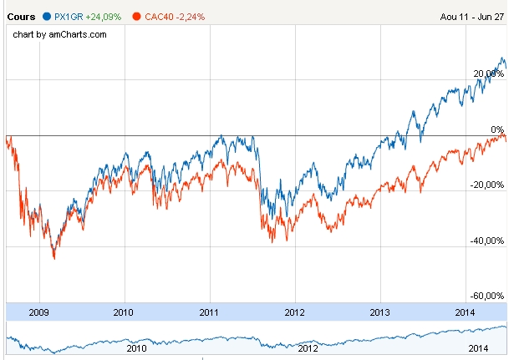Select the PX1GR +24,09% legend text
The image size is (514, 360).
coord(87,16)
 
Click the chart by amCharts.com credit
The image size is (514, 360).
coord(60,34)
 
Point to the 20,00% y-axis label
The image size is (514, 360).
coord(489,74)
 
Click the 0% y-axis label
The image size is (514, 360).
coord(497,129)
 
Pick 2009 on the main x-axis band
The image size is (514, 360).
coord(38,312)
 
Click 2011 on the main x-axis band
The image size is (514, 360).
coord(209,312)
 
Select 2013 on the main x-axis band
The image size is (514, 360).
coord(380,312)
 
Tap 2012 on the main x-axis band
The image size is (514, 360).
coord(295,312)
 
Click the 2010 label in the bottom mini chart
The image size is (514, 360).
coord(136,347)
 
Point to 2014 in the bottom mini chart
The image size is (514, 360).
coord(476,347)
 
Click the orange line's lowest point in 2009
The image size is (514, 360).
coord(54,259)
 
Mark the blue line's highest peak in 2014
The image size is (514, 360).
coord(503,58)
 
